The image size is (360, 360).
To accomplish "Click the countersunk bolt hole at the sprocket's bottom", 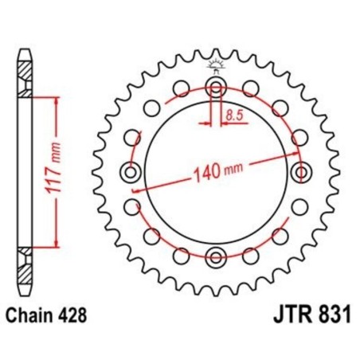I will click(215, 256).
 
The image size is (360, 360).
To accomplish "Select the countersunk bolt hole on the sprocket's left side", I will click(130, 171).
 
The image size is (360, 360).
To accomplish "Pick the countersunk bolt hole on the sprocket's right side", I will click(300, 171).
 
